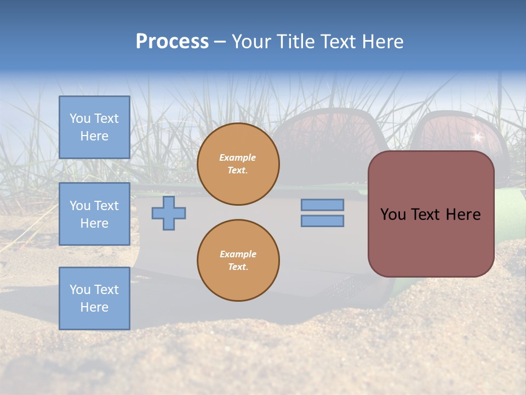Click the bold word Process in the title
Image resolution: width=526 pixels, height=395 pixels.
pyautogui.click(x=172, y=42)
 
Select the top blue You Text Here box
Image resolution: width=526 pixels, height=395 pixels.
pyautogui.click(x=94, y=127)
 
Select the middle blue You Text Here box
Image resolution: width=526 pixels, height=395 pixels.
pyautogui.click(x=94, y=214)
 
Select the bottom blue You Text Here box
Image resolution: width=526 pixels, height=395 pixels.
pyautogui.click(x=94, y=298)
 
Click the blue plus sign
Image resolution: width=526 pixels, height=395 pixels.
pyautogui.click(x=169, y=213)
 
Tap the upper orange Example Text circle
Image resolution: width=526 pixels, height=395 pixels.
pyautogui.click(x=238, y=164)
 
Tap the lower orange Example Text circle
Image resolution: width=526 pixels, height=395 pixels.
pyautogui.click(x=238, y=261)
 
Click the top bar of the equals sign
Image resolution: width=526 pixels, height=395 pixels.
pyautogui.click(x=322, y=205)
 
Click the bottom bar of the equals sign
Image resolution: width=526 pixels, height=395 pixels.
pyautogui.click(x=322, y=221)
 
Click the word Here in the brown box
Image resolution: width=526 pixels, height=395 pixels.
pyautogui.click(x=463, y=215)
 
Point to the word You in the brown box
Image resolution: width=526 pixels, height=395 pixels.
pyautogui.click(x=393, y=215)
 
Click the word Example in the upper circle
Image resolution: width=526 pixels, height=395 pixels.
pyautogui.click(x=237, y=157)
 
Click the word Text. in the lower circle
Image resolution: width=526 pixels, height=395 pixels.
pyautogui.click(x=238, y=267)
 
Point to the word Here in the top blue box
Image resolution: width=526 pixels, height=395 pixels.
pyautogui.click(x=94, y=136)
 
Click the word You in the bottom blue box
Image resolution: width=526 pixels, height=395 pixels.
pyautogui.click(x=79, y=290)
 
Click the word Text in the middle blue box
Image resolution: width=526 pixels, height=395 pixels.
pyautogui.click(x=106, y=206)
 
